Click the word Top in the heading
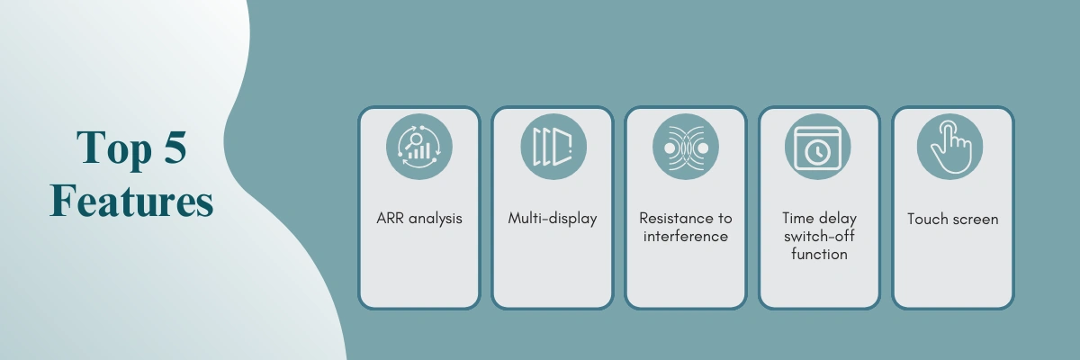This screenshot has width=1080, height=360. pos(113,148)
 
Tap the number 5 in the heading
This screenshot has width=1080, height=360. pos(175,147)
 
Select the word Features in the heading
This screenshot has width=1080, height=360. pos(131,201)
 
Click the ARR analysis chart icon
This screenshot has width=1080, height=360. pos(419,147)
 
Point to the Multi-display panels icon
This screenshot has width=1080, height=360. pos(553,147)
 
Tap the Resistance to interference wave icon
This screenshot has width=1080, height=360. pos(686,148)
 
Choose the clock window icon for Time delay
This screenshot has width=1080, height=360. pos(818,148)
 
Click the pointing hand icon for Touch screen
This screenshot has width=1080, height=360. pos(950,147)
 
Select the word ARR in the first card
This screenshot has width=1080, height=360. pos(391,219)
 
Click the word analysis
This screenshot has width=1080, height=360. pos(436,219)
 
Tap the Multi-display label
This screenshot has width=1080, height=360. pos(553,219)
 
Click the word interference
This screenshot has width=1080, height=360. pos(686,236)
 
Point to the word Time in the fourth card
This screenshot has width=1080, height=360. pos(799,219)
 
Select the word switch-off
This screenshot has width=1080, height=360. pos(819,236)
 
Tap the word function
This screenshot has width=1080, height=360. pos(819,254)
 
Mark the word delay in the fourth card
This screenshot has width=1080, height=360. pos(839,220)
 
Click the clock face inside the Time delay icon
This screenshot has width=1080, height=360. pos(818,153)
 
